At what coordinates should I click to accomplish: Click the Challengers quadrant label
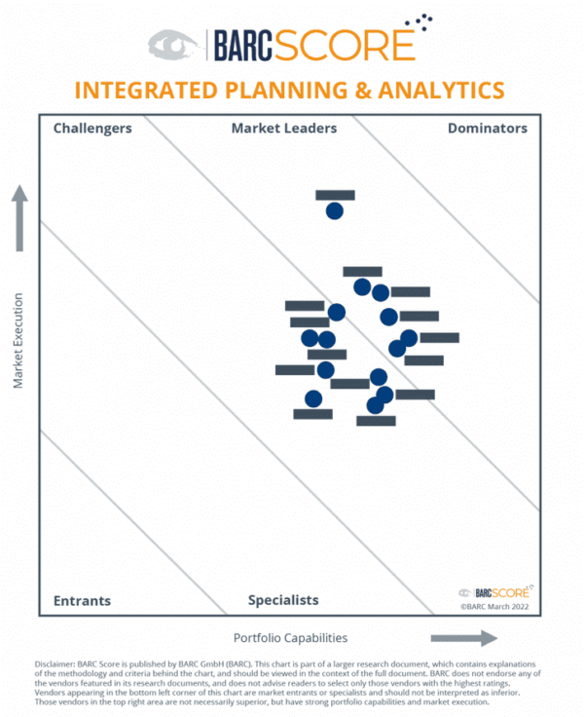click(92, 128)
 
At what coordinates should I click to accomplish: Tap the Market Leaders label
click(284, 128)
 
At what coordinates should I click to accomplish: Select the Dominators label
click(487, 128)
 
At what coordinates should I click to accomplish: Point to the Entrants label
click(82, 600)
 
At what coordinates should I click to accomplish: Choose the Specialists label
click(283, 600)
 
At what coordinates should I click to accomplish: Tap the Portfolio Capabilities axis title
click(290, 638)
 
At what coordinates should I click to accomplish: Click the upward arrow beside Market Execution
click(18, 218)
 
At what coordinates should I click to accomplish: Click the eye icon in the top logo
click(172, 44)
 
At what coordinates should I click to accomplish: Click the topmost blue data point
click(334, 210)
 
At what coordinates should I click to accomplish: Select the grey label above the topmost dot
click(335, 195)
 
